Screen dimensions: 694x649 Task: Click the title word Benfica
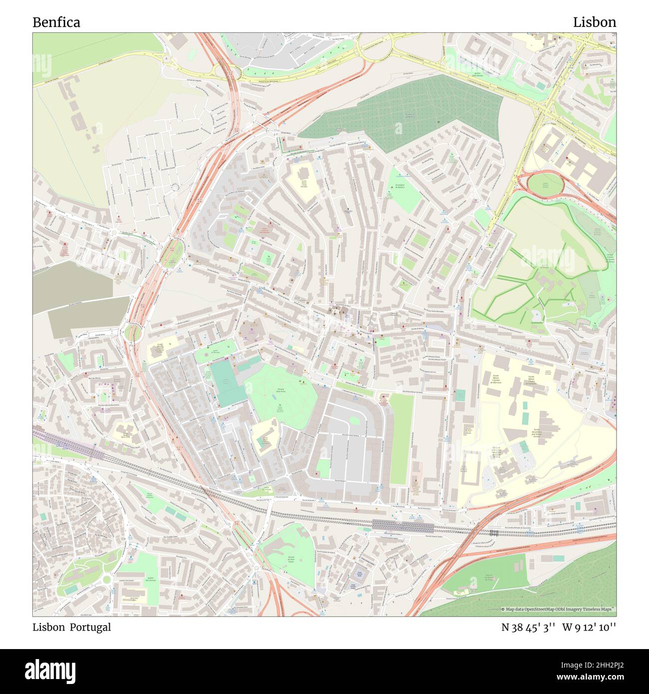pyautogui.click(x=56, y=22)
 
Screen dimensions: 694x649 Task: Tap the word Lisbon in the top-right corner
pyautogui.click(x=594, y=22)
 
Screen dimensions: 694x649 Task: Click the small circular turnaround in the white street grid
pyautogui.click(x=175, y=187)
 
